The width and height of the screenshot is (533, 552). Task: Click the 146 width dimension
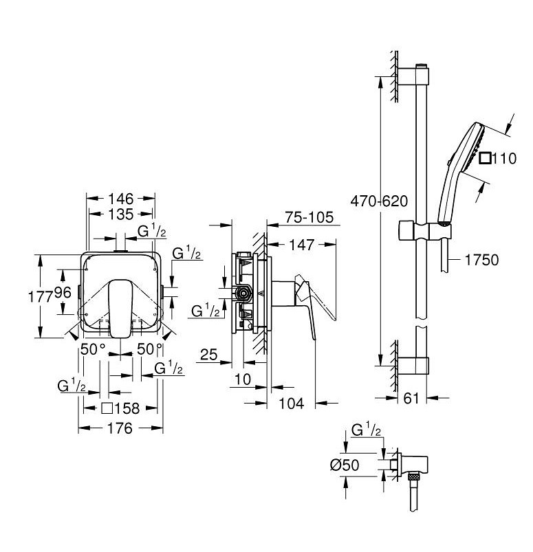120,199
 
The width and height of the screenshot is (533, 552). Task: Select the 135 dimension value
120,214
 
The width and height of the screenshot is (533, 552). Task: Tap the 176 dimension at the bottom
120,428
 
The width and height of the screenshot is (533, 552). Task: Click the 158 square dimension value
127,408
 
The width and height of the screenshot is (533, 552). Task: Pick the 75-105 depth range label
309,218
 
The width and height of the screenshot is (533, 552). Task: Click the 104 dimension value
292,404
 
